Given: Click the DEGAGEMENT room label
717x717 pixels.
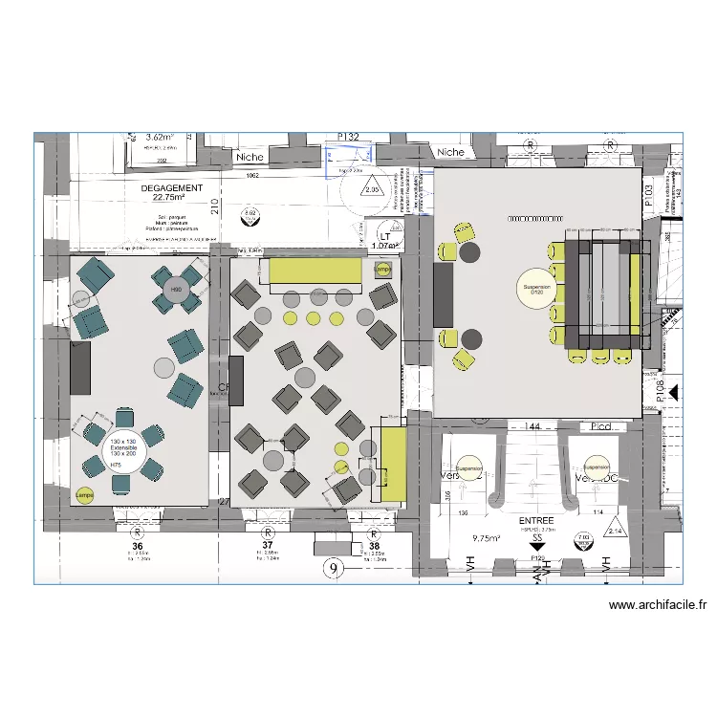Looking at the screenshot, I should click(x=171, y=188).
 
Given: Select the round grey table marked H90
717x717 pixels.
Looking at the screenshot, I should click(x=177, y=289).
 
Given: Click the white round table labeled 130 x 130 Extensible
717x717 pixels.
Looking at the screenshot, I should click(x=124, y=448).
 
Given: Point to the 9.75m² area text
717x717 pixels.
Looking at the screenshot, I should click(x=487, y=538).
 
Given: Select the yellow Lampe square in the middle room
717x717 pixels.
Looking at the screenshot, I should click(x=383, y=271).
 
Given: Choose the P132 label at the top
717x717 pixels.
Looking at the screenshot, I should click(x=348, y=138).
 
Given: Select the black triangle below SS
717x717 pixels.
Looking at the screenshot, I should click(x=535, y=549).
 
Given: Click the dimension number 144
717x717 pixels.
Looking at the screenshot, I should click(x=532, y=425).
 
